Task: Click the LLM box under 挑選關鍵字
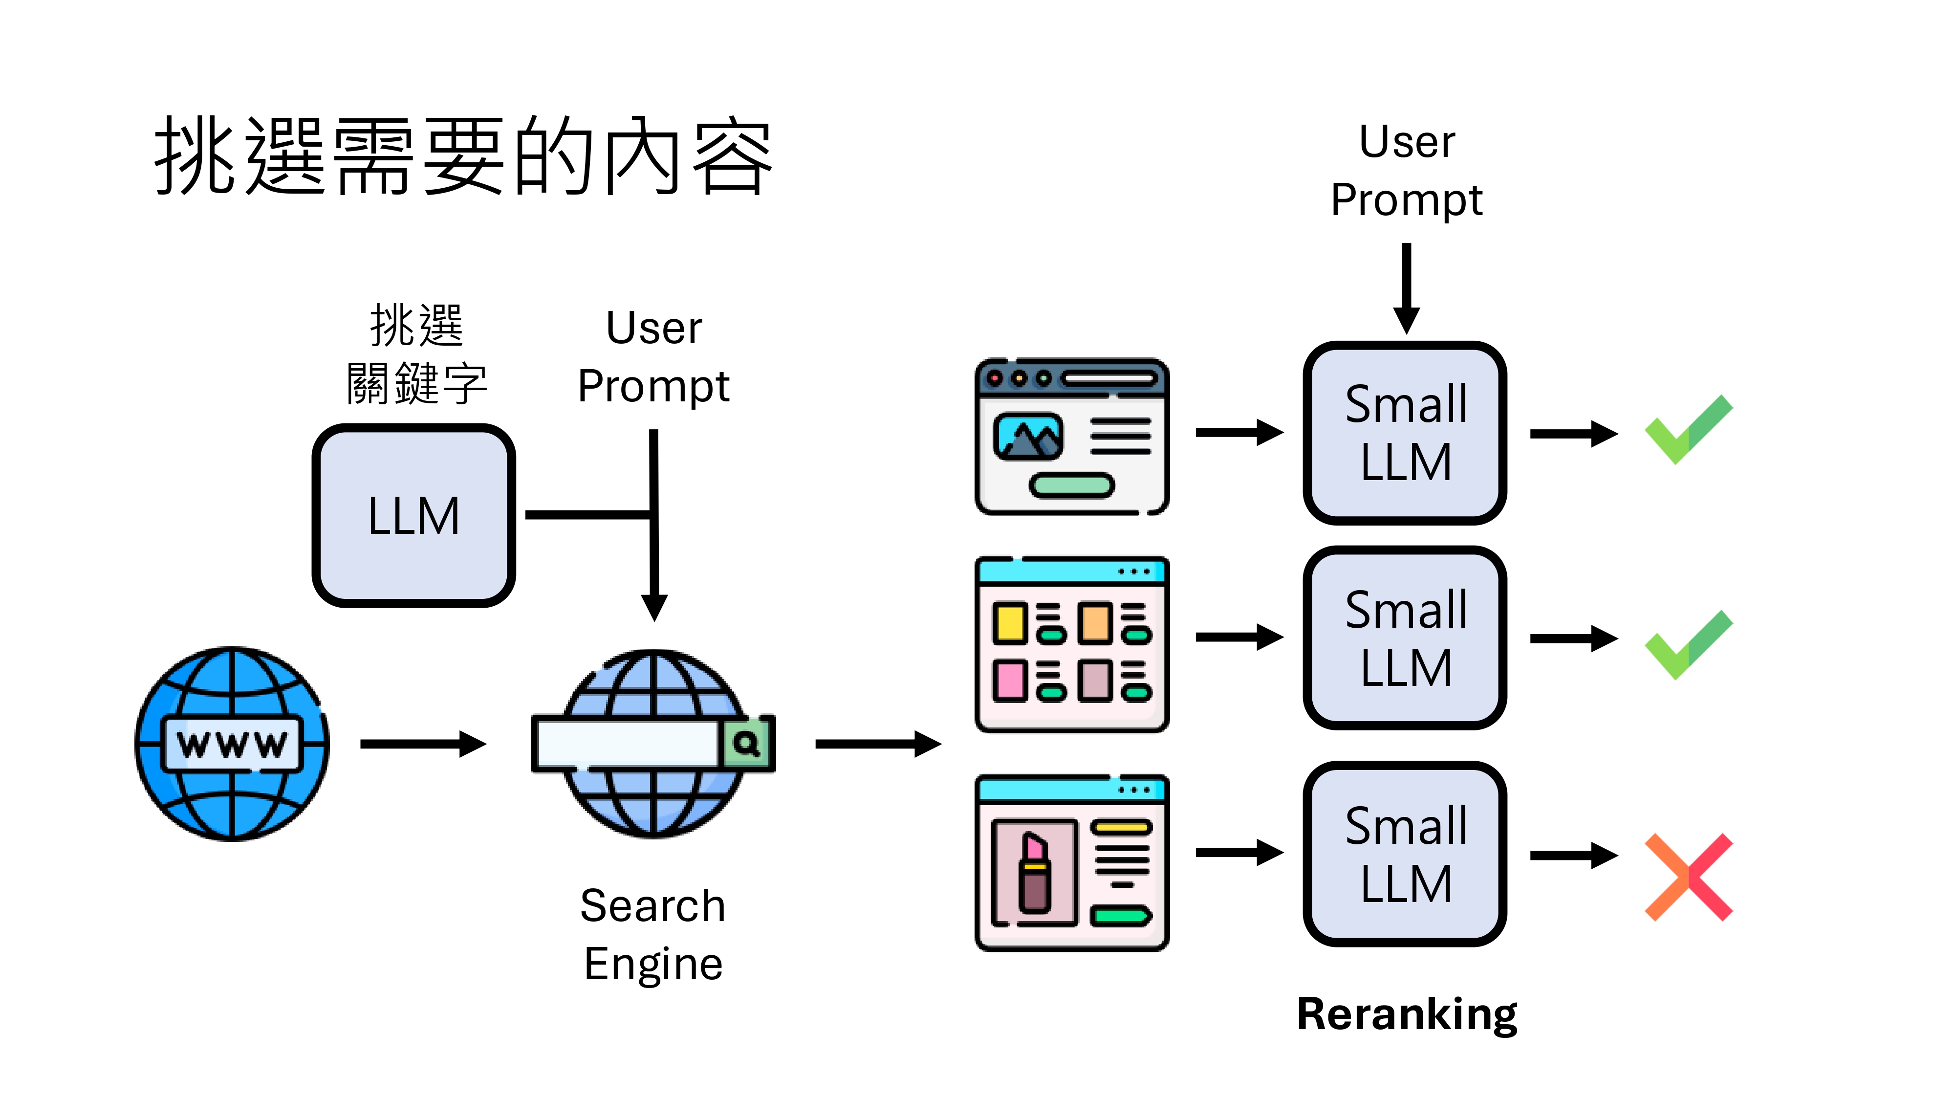point(413,515)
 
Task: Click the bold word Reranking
point(1406,1014)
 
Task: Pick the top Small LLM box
point(1405,433)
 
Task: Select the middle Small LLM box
point(1405,638)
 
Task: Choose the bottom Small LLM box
point(1405,854)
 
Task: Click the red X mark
point(1689,877)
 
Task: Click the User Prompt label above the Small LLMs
point(1406,171)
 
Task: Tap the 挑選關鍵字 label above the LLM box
point(416,354)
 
